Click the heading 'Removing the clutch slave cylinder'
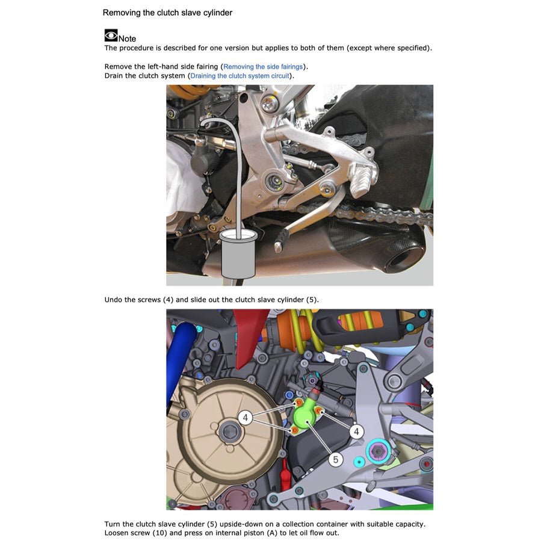[x=167, y=13]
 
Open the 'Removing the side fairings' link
[x=263, y=67]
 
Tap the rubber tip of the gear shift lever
[x=279, y=246]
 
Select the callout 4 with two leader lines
[x=245, y=418]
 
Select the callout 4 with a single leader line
[x=356, y=431]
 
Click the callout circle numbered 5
[x=336, y=460]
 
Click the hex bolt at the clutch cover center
[x=230, y=431]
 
